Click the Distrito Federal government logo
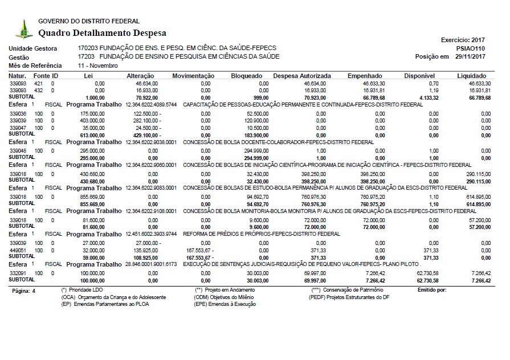tap(23, 28)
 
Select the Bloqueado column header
tap(247, 76)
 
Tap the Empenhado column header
tap(365, 76)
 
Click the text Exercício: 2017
tap(463, 40)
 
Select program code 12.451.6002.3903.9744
tap(151, 234)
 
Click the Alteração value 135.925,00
tap(145, 250)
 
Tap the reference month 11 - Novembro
tap(98, 66)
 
